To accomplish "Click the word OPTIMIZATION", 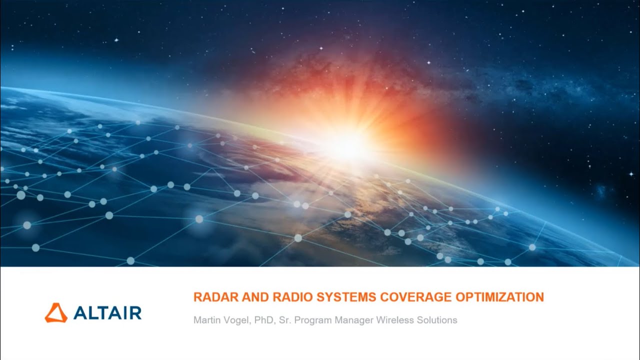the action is [499, 297].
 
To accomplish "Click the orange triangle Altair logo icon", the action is [56, 312].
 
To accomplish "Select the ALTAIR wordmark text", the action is [107, 313].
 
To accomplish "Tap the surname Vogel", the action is [237, 320].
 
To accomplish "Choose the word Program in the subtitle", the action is [313, 320].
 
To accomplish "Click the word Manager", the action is [353, 320].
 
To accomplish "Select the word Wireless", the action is [395, 320].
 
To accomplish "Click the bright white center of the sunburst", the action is [350, 145].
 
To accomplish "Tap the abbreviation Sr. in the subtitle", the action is [285, 320].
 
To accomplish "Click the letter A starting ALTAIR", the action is [80, 313].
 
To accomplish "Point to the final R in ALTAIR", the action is [135, 313].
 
